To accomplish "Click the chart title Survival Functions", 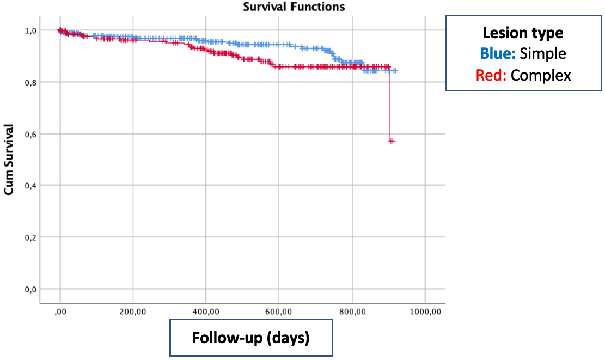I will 294,7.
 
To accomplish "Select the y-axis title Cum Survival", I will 9,159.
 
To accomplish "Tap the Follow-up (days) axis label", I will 251,338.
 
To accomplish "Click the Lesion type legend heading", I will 523,33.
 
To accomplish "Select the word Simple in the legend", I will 542,53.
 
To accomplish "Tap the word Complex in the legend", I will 541,75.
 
